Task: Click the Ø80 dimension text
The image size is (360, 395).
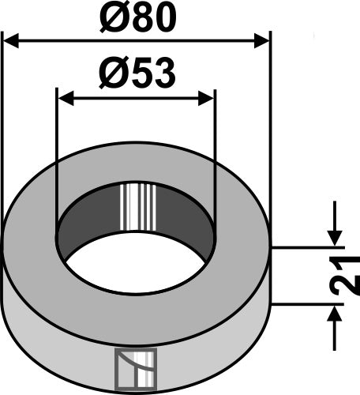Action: click(x=136, y=17)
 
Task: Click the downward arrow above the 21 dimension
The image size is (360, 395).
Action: click(x=335, y=235)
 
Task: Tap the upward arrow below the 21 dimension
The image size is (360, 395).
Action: click(x=335, y=316)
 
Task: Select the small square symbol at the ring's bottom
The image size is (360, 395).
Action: click(x=137, y=369)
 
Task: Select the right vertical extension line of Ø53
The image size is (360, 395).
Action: click(x=215, y=158)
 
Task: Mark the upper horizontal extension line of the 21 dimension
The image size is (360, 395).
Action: click(x=308, y=246)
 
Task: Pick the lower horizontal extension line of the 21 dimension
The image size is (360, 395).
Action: click(x=308, y=304)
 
